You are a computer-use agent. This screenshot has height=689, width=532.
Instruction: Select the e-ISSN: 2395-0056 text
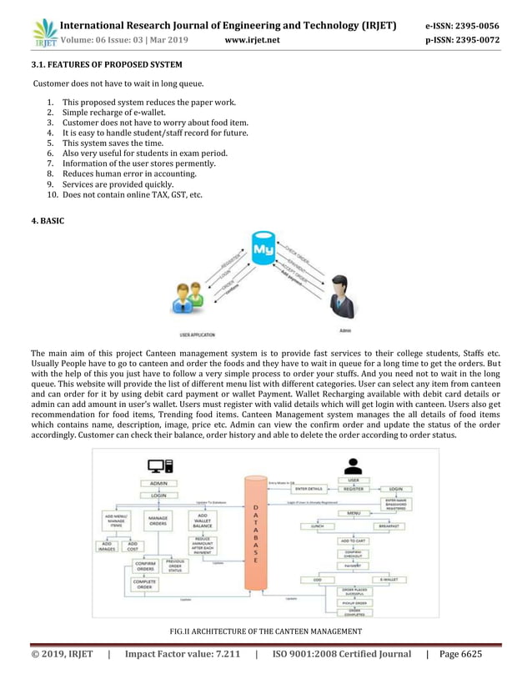coord(474,26)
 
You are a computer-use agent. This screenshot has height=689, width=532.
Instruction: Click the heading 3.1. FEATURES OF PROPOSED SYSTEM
coord(106,64)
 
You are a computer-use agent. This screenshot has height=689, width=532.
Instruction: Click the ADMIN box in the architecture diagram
coord(158,483)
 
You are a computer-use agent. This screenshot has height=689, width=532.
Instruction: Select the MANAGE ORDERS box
coord(158,521)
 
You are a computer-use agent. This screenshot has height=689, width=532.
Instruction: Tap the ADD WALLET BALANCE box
coord(203,521)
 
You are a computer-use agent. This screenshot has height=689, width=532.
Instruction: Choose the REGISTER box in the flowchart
coord(353,489)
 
